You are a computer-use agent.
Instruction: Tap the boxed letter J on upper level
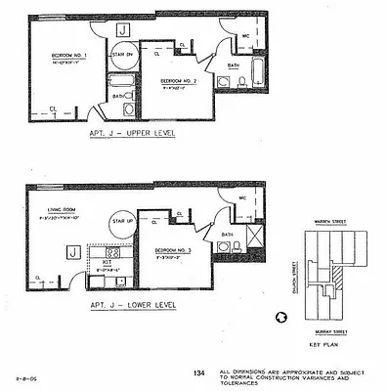point(121,31)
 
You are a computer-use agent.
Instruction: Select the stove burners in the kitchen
point(112,253)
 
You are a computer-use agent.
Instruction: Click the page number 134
point(198,372)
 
